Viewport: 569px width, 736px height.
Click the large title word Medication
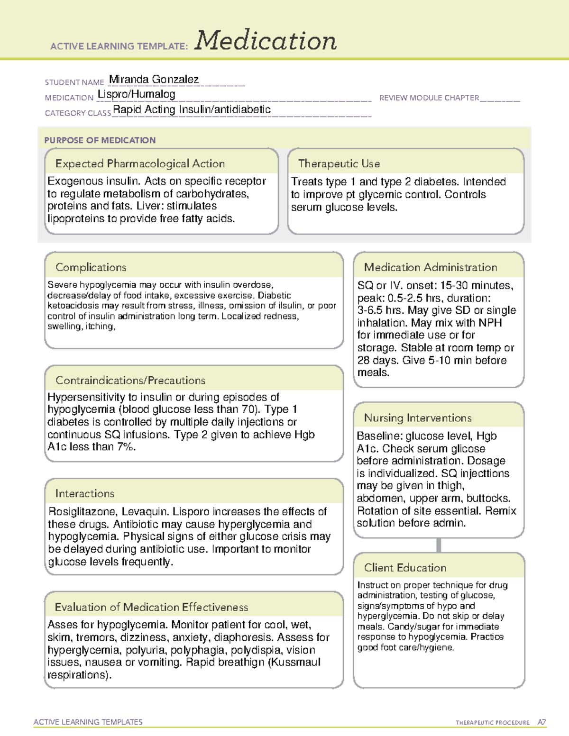[x=266, y=41]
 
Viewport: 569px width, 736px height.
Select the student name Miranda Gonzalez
[x=154, y=80]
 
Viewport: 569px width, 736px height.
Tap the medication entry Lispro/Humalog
[x=137, y=94]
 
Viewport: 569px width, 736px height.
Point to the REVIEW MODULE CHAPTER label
[x=429, y=98]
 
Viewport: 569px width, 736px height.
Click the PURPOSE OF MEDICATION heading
[x=100, y=140]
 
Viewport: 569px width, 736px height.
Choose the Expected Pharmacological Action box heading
[x=140, y=164]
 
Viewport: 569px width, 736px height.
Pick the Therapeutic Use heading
[x=339, y=164]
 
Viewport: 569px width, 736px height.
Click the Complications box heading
[x=91, y=268]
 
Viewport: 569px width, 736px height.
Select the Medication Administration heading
[x=431, y=268]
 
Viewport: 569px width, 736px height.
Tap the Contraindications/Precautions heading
[x=130, y=381]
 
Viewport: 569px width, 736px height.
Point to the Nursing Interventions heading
[x=418, y=418]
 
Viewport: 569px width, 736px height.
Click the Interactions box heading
[x=85, y=494]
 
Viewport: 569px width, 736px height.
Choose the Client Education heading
[x=405, y=568]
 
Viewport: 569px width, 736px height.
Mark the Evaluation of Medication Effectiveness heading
[x=151, y=608]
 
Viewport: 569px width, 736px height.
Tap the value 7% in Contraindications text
[x=126, y=447]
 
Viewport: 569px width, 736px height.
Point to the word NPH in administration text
[x=490, y=323]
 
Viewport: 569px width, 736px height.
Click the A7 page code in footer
[x=541, y=722]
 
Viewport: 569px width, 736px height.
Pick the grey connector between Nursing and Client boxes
[x=439, y=545]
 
